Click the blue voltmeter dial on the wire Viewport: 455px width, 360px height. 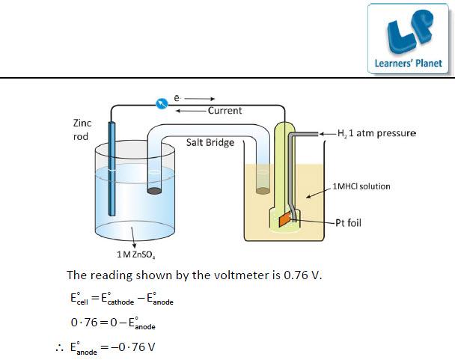click(x=162, y=103)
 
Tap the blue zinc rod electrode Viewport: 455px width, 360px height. click(x=112, y=168)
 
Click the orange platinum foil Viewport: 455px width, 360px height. click(x=284, y=219)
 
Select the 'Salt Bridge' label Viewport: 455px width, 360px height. click(x=210, y=142)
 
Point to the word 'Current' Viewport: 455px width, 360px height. click(x=225, y=111)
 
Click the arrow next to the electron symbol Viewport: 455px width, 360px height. click(x=199, y=99)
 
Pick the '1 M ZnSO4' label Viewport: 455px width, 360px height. click(x=135, y=254)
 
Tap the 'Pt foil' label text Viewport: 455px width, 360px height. click(x=348, y=223)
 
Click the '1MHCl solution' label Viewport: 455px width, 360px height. click(x=361, y=186)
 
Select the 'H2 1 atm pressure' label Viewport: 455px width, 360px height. click(x=376, y=133)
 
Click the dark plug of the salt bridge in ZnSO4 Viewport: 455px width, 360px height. click(x=154, y=191)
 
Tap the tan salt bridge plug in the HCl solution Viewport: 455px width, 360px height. click(x=263, y=191)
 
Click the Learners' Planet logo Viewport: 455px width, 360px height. click(x=408, y=38)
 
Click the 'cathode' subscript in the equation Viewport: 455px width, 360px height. click(x=120, y=302)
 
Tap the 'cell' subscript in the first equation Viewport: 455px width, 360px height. click(x=82, y=302)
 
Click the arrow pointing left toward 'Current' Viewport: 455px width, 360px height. click(x=191, y=111)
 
